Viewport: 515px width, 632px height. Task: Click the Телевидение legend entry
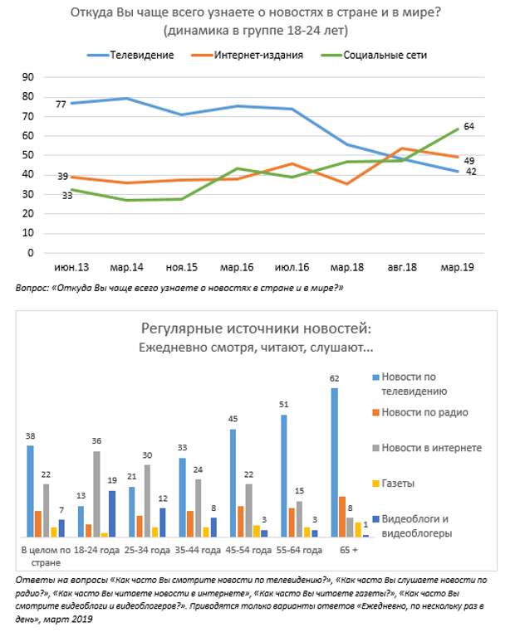pos(130,56)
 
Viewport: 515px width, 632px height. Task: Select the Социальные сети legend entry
pos(374,56)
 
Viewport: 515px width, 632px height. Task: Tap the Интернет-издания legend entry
pos(247,56)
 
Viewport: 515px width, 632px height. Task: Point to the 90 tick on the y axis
pos(28,77)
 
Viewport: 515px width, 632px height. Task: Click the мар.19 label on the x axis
pos(457,267)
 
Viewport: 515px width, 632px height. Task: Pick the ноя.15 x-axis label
pos(182,267)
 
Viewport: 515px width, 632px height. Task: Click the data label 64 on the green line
pos(468,127)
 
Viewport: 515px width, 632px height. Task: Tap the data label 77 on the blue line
pos(61,105)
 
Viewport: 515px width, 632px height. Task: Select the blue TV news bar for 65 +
pos(335,462)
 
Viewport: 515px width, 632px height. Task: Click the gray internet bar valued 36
pos(96,494)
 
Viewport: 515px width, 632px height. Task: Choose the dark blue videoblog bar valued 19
pos(112,514)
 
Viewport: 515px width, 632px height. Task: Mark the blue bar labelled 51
pos(284,476)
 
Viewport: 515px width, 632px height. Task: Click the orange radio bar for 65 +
pos(342,517)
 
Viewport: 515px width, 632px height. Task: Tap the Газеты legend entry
pos(393,484)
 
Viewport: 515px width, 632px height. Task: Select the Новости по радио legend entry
pos(420,412)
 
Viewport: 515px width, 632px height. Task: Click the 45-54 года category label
pos(248,550)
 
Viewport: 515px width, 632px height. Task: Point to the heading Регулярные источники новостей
pos(256,328)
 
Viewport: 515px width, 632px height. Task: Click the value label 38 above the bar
pos(30,436)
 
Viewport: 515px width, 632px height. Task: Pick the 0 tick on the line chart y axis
pos(31,253)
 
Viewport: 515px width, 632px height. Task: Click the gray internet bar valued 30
pos(147,501)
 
